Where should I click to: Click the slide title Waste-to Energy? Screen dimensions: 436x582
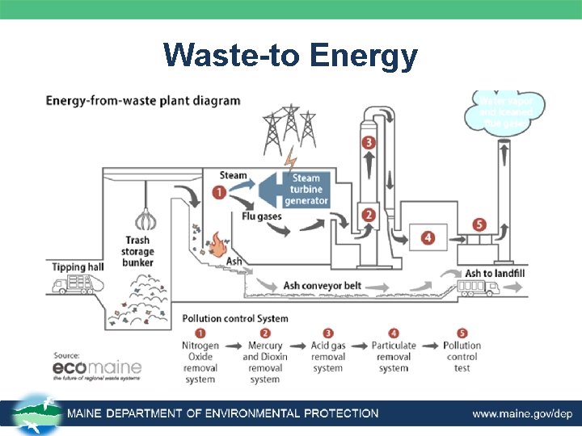tap(290, 57)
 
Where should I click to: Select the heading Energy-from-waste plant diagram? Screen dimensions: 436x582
tap(143, 101)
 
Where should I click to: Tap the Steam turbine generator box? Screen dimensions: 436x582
tap(305, 189)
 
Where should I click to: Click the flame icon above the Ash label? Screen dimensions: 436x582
tap(216, 241)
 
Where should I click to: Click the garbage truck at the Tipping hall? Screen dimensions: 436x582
tap(70, 285)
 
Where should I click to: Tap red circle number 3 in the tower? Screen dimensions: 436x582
tap(369, 143)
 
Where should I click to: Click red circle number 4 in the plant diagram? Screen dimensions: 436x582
tap(428, 237)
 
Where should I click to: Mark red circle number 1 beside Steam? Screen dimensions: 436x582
tap(219, 192)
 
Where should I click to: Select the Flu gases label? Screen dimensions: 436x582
tap(260, 215)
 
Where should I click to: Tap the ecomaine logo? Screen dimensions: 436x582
tap(97, 369)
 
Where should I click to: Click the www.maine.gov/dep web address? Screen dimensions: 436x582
tap(522, 413)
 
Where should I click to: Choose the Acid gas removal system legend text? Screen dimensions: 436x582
tap(327, 356)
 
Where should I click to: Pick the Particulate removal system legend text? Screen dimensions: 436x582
tap(394, 356)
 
